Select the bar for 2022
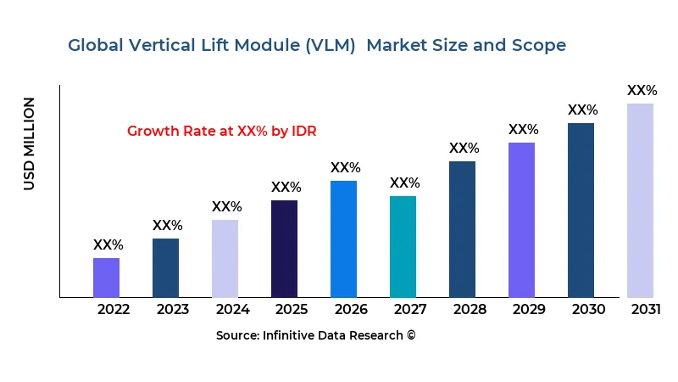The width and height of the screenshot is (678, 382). pos(106,278)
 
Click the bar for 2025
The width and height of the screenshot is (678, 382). pos(284,249)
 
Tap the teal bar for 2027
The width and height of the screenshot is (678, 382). pos(403,246)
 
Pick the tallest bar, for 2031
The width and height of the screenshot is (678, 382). pos(640,200)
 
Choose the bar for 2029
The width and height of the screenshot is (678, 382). pos(521,220)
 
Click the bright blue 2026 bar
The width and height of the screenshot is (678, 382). pos(343,239)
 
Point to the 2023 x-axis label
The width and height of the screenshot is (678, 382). pos(172,310)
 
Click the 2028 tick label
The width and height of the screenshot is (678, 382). pos(469,310)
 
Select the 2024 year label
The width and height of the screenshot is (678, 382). pos(231,310)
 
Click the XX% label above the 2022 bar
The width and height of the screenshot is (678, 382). pos(108,245)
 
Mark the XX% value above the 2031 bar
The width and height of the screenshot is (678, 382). pos(642,91)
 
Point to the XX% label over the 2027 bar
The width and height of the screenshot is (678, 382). pos(404,183)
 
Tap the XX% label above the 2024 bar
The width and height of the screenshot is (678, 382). pos(226,207)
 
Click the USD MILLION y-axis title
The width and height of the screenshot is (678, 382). pos(30,143)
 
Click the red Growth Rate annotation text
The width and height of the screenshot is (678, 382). pos(221,132)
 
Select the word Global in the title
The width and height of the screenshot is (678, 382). pos(94,45)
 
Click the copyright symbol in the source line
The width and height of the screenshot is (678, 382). pos(411,335)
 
